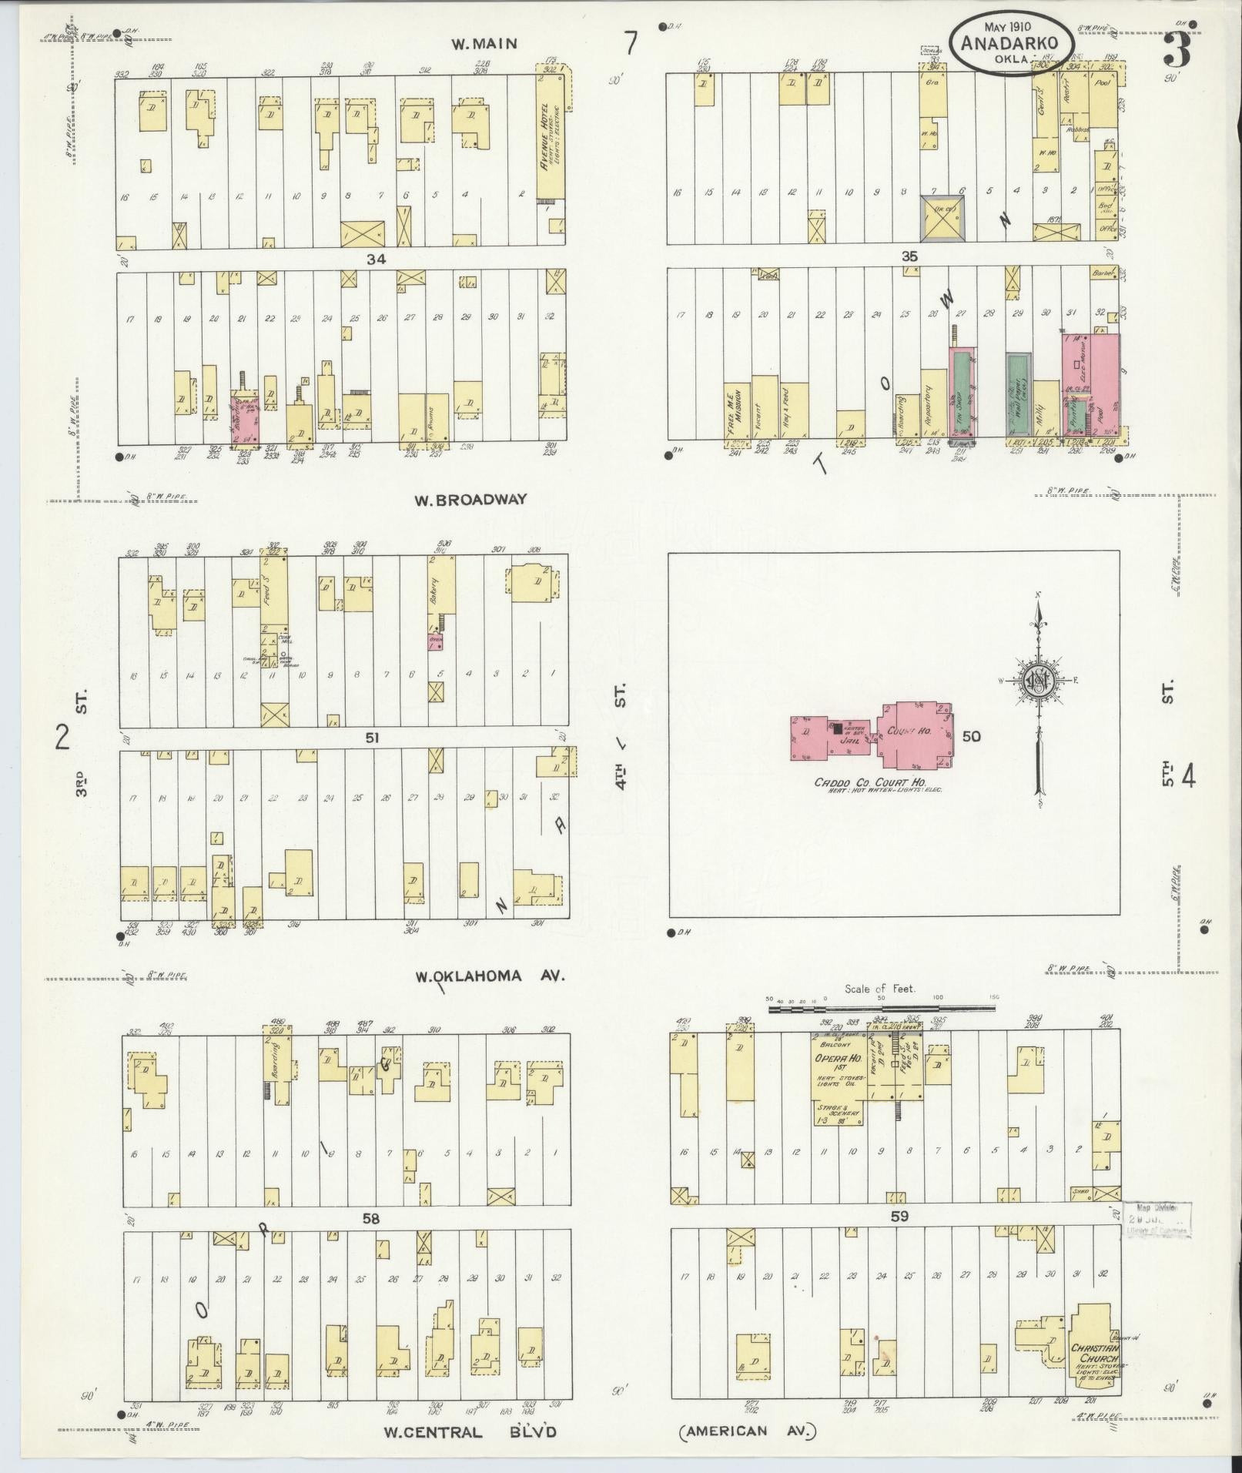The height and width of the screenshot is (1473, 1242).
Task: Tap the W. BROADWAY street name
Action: point(470,500)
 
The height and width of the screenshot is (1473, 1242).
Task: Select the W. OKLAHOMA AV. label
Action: point(490,976)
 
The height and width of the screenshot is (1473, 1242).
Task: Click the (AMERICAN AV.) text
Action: point(747,1431)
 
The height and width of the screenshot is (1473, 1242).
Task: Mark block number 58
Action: point(372,1218)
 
